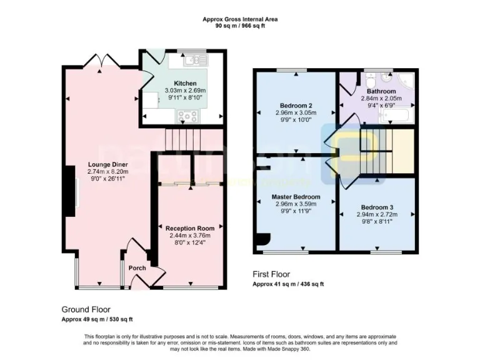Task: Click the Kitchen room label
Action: point(185,83)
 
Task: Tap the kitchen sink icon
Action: point(194,61)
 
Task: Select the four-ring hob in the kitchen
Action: point(188,115)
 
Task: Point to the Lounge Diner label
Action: point(104,164)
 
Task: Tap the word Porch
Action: point(137,268)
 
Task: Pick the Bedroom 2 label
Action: point(296,105)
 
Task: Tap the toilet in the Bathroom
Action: point(370,81)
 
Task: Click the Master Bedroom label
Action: point(296,197)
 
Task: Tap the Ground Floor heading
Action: point(86,309)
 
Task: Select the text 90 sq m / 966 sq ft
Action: point(240,26)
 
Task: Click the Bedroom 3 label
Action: point(377,207)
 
